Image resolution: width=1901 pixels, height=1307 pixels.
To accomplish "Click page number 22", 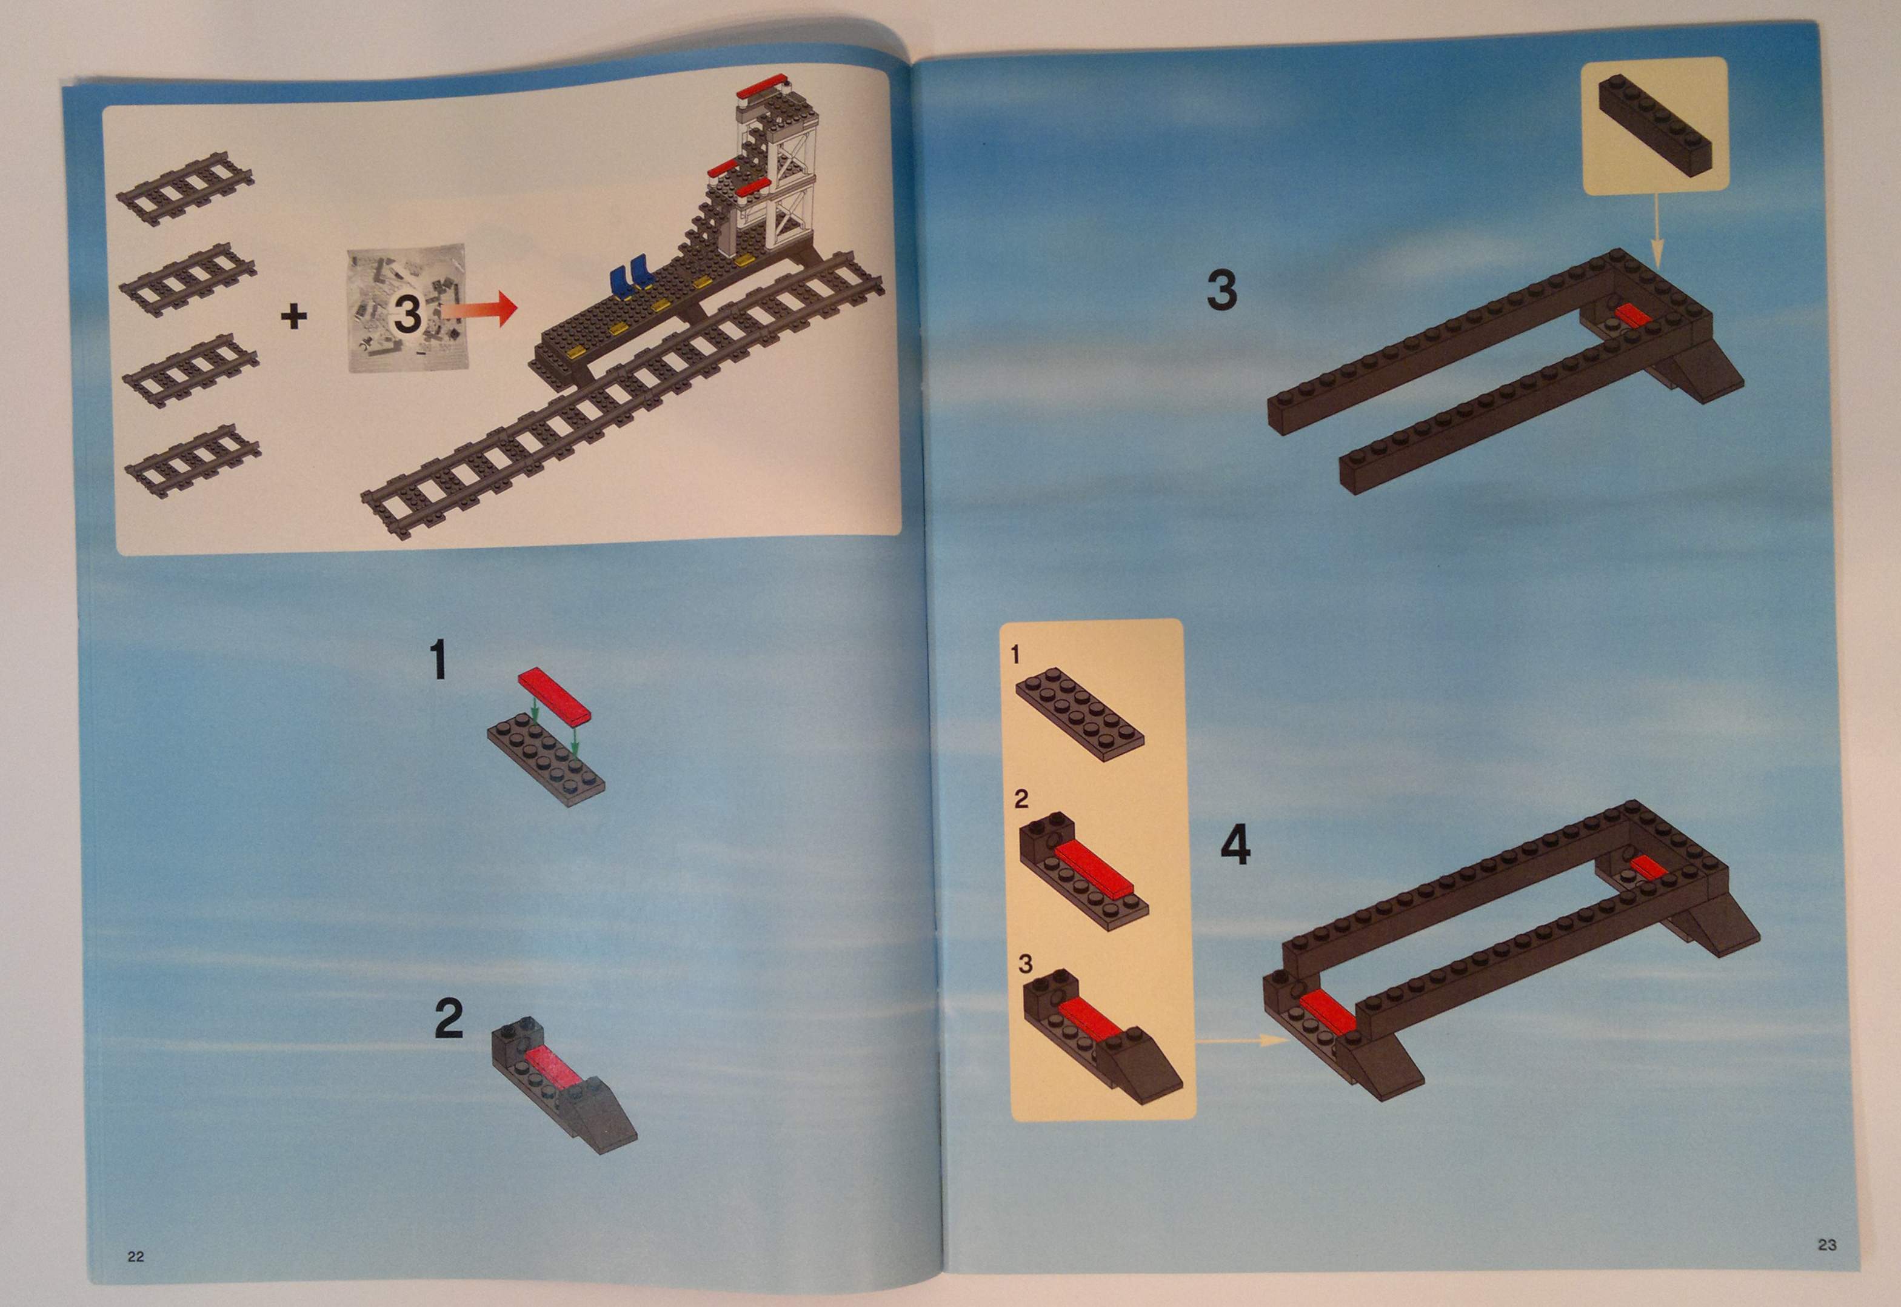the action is tap(136, 1256).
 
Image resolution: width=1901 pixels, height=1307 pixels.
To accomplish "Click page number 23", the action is tap(1826, 1245).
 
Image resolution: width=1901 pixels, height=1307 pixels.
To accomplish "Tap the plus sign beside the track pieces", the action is tap(294, 316).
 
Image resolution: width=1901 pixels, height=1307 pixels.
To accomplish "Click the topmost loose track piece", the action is tap(185, 189).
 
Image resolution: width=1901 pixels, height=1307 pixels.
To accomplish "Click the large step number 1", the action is tap(439, 660).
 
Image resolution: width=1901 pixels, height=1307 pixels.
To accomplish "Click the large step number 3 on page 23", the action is tap(1221, 291).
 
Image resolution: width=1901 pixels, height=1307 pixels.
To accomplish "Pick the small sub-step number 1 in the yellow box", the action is tap(1015, 654).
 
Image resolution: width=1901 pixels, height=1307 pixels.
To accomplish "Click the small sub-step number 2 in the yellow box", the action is tap(1021, 799).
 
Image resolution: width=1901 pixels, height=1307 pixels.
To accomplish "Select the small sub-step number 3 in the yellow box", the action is tap(1025, 964).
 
